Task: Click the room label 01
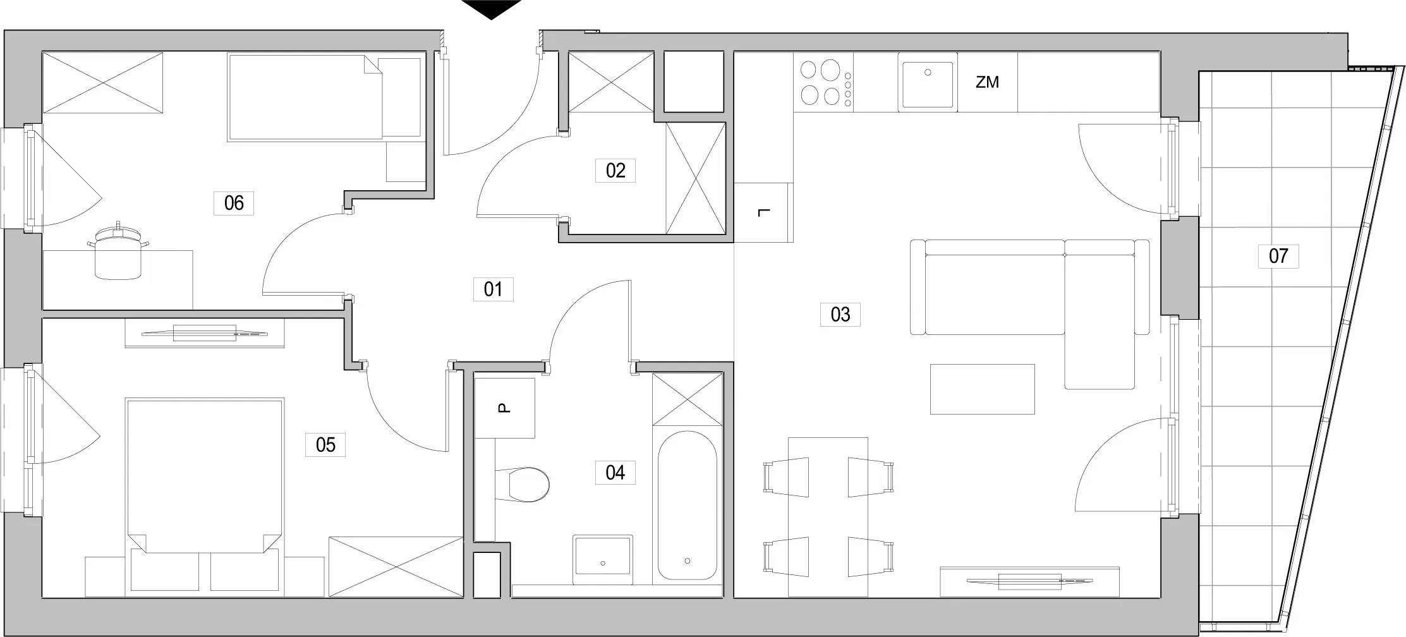[493, 289]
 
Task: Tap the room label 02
[615, 171]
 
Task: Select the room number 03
[840, 314]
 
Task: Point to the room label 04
[615, 472]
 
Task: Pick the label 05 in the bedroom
[325, 444]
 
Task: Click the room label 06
[234, 203]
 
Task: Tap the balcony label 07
[1278, 256]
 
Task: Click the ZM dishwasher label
[987, 82]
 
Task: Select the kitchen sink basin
[927, 85]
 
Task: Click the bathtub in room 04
[687, 506]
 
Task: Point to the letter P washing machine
[504, 408]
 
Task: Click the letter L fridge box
[764, 212]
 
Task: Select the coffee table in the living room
[983, 389]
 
